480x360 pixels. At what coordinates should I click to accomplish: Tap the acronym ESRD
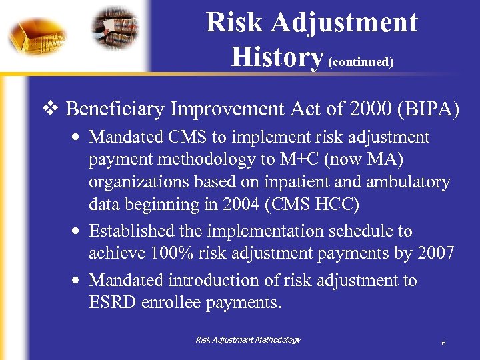coord(114,303)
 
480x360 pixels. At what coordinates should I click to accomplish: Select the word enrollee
coord(174,303)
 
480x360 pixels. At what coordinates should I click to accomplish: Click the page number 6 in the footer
coord(443,343)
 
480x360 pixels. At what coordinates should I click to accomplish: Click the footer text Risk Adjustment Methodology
coord(248,340)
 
